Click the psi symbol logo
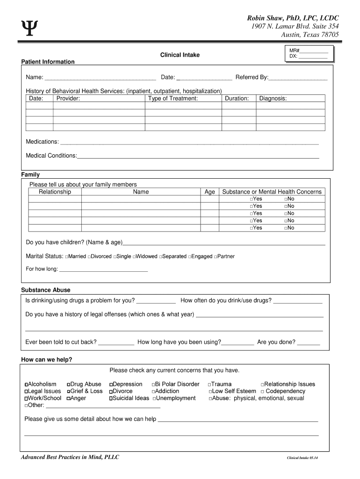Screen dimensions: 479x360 click(x=29, y=28)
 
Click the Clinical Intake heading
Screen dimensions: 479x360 click(x=180, y=55)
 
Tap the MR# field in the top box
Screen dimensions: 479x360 click(x=314, y=51)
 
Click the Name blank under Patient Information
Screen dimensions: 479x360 click(x=101, y=78)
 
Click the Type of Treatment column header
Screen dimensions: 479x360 click(x=173, y=99)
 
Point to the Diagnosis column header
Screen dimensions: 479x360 click(x=273, y=99)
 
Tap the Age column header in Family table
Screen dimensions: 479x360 click(x=210, y=192)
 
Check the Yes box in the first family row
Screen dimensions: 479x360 click(x=252, y=199)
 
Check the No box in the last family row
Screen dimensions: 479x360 click(x=286, y=228)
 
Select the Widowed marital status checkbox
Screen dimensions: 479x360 click(x=134, y=257)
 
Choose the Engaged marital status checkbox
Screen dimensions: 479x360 click(x=190, y=257)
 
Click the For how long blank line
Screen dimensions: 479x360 click(x=103, y=269)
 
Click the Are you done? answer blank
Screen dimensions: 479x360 click(x=309, y=342)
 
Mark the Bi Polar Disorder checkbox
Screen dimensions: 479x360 click(x=153, y=385)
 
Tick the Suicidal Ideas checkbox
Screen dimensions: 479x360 click(x=111, y=399)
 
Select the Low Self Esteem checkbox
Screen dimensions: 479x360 click(x=210, y=392)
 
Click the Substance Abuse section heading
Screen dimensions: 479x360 click(x=46, y=290)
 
